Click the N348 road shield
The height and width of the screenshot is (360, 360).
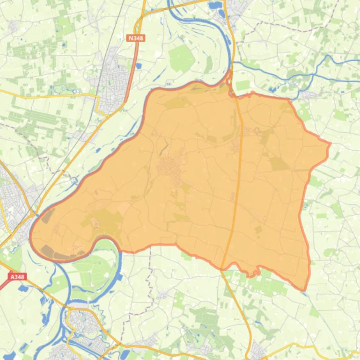click(136, 38)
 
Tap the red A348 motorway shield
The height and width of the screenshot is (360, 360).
click(17, 277)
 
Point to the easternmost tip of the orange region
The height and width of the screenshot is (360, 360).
click(330, 144)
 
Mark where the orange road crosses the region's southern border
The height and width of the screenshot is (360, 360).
click(222, 268)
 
